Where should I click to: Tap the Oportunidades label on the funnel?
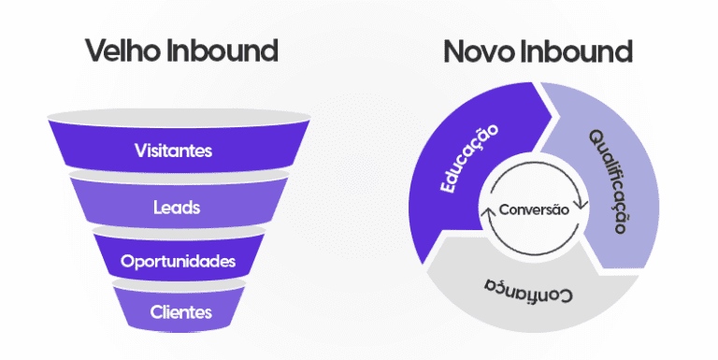178,261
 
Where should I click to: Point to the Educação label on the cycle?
469,160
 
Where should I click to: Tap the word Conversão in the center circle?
534,210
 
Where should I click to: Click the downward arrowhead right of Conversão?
581,205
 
